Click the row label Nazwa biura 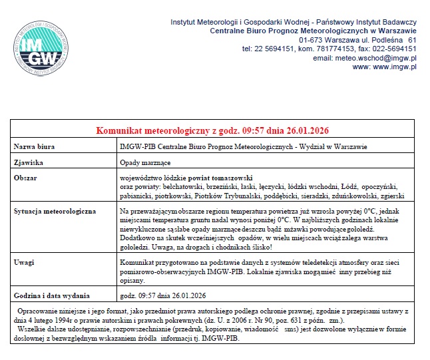pos(34,146)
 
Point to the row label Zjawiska pos(29,162)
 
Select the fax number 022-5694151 pos(391,49)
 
